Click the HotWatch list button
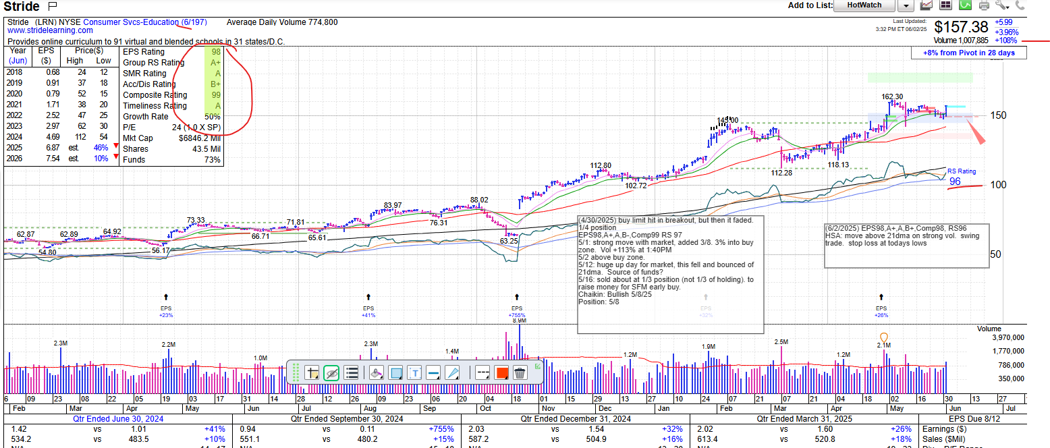(x=864, y=5)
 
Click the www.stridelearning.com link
(x=50, y=30)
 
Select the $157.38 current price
(x=961, y=27)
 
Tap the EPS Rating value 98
(x=215, y=52)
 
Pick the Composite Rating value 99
(x=215, y=95)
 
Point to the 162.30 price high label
(x=892, y=96)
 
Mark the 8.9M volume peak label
(x=519, y=320)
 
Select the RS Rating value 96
(x=955, y=181)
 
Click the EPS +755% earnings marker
(x=517, y=312)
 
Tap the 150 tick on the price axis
(x=998, y=115)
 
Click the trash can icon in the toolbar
(x=520, y=373)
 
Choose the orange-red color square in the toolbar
(x=501, y=373)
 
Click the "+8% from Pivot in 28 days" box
(x=968, y=53)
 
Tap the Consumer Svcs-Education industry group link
(x=131, y=22)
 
